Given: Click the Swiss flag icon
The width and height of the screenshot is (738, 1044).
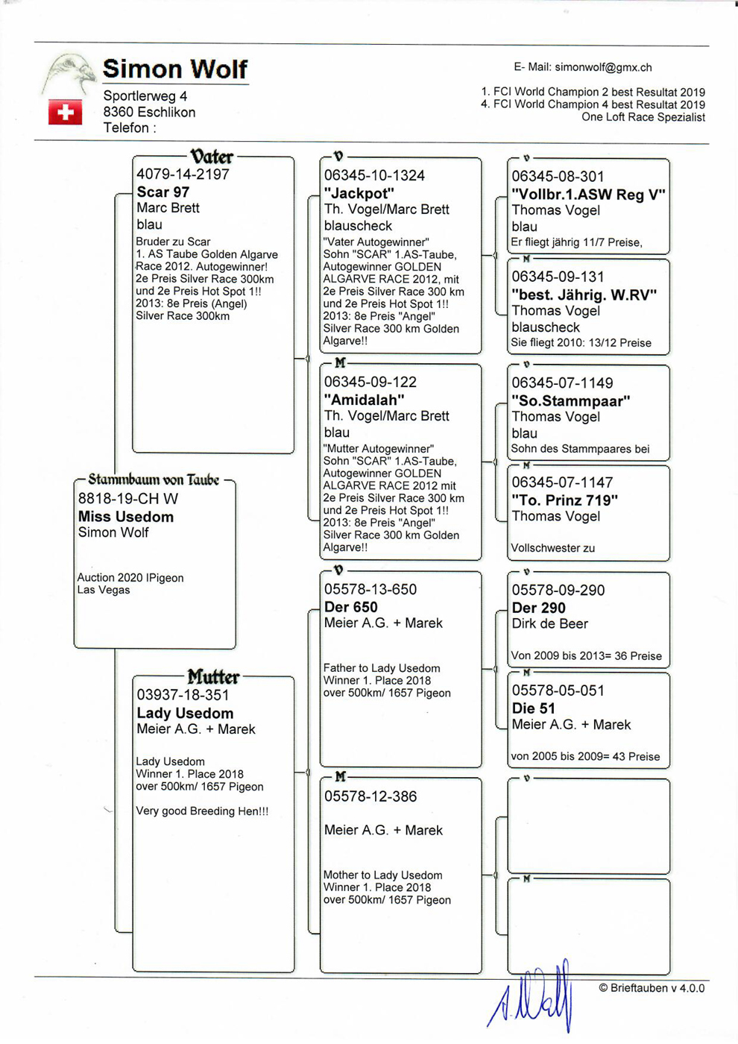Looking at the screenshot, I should pos(66,113).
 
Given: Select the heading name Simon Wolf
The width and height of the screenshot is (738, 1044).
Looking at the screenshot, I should pos(175,69).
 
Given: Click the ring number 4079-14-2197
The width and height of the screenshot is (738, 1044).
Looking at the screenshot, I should pos(183,174).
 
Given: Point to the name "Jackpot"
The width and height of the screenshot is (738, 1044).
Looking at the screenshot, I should pos(359,193).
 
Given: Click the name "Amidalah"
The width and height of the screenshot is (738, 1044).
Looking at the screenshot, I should pos(364,400).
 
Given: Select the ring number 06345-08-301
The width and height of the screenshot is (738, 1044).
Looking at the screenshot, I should pos(558,177).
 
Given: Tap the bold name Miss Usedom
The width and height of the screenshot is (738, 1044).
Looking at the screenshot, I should pos(125,517).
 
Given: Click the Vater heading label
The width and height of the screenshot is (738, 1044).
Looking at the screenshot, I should pos(212,157).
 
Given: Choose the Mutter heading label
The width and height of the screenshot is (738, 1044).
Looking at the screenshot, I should pos(213,677).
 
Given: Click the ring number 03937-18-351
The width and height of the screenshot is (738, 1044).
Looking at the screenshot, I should pos(183,695).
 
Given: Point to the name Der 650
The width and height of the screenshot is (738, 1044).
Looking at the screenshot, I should pos(350,607).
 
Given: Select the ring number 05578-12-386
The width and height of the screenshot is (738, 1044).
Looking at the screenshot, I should pos(370,796).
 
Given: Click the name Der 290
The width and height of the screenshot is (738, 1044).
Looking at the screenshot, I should pos(538,608).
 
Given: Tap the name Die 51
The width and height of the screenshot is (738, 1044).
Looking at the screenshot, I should pos(534,708).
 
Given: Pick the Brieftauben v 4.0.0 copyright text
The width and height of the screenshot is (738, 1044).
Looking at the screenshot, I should pos(652,988).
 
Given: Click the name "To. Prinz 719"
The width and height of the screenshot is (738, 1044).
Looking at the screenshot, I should pos(564,500).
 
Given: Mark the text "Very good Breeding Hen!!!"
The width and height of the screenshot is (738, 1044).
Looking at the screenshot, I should pos(202,811).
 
